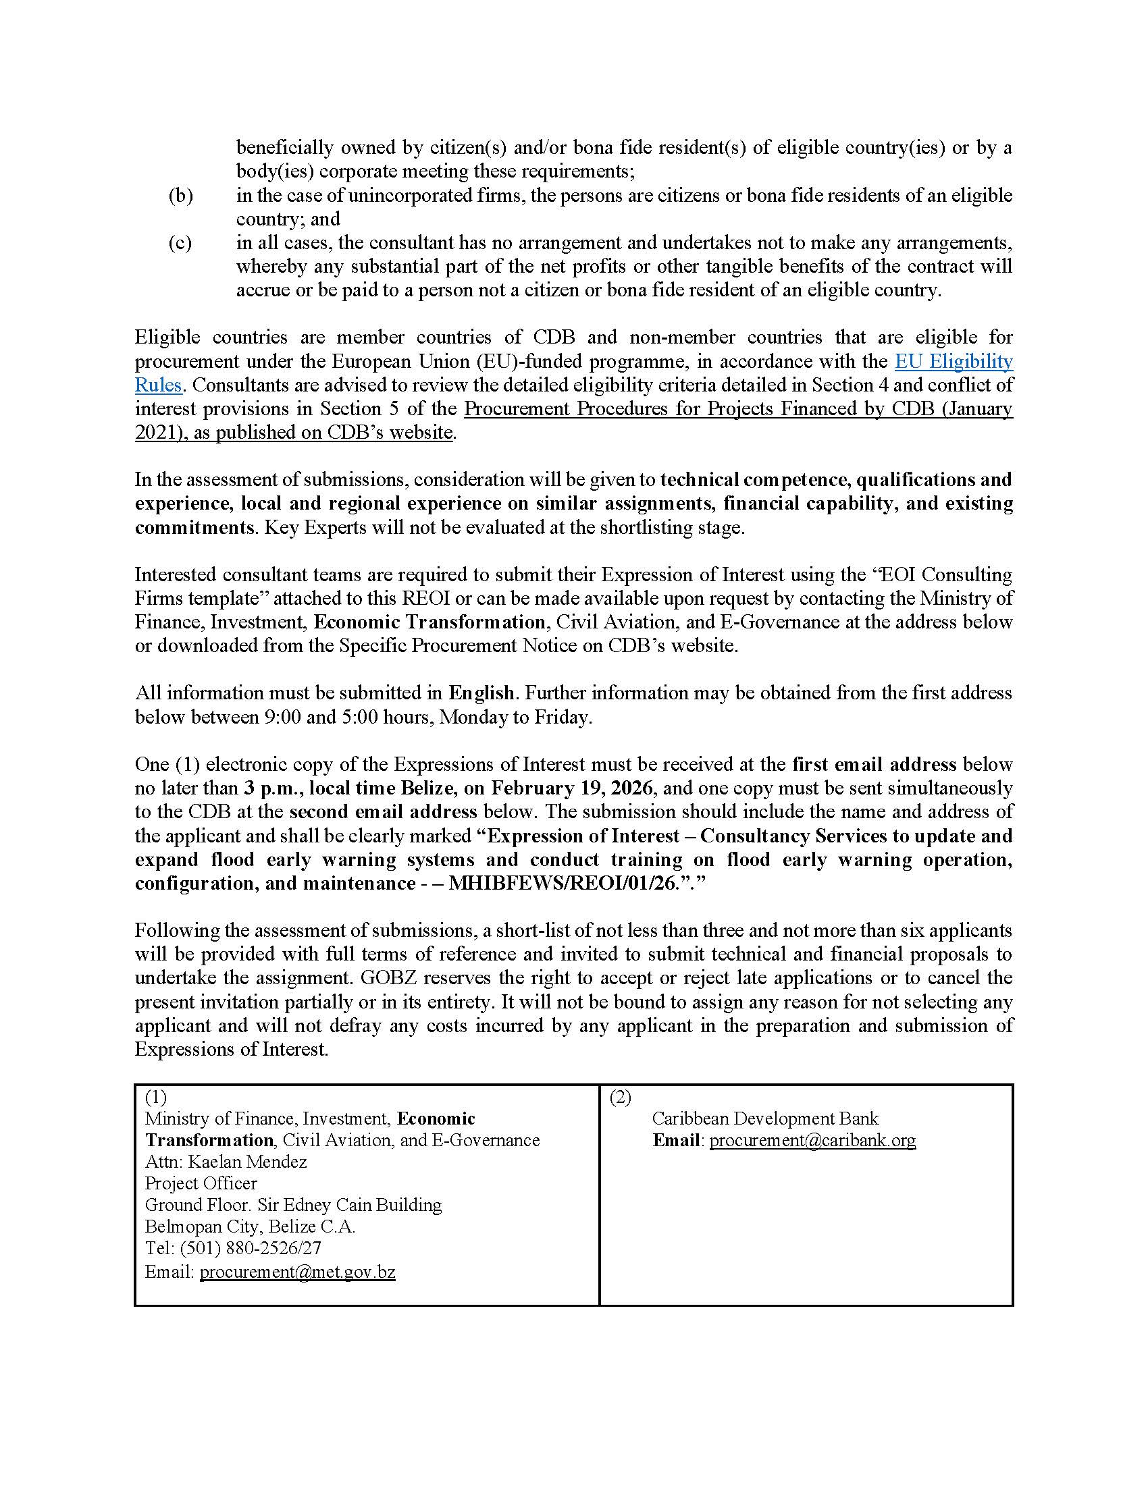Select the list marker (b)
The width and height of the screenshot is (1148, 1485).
[x=180, y=196]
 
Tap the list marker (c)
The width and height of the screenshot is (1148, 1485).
[x=180, y=243]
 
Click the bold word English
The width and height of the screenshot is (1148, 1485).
[x=481, y=693]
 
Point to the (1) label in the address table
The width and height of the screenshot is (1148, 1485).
[x=156, y=1097]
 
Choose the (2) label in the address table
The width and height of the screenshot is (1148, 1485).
[x=620, y=1097]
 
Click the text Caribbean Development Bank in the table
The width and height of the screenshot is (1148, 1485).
[x=765, y=1118]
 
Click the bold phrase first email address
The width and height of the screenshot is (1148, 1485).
[x=874, y=764]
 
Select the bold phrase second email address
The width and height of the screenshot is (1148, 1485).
[x=383, y=812]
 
